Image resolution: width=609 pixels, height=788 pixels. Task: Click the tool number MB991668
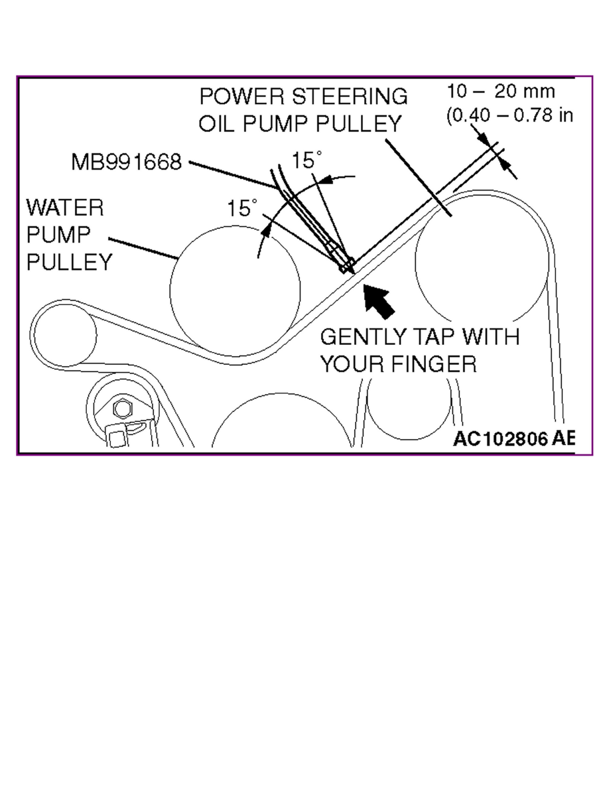point(126,162)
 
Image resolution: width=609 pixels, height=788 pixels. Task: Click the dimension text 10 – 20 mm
point(500,91)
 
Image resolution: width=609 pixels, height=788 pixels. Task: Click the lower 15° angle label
point(241,208)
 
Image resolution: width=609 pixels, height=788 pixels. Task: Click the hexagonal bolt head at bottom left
point(121,409)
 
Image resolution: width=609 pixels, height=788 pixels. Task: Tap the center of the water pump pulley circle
point(235,290)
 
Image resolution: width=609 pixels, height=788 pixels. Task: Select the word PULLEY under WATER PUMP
point(69,262)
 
